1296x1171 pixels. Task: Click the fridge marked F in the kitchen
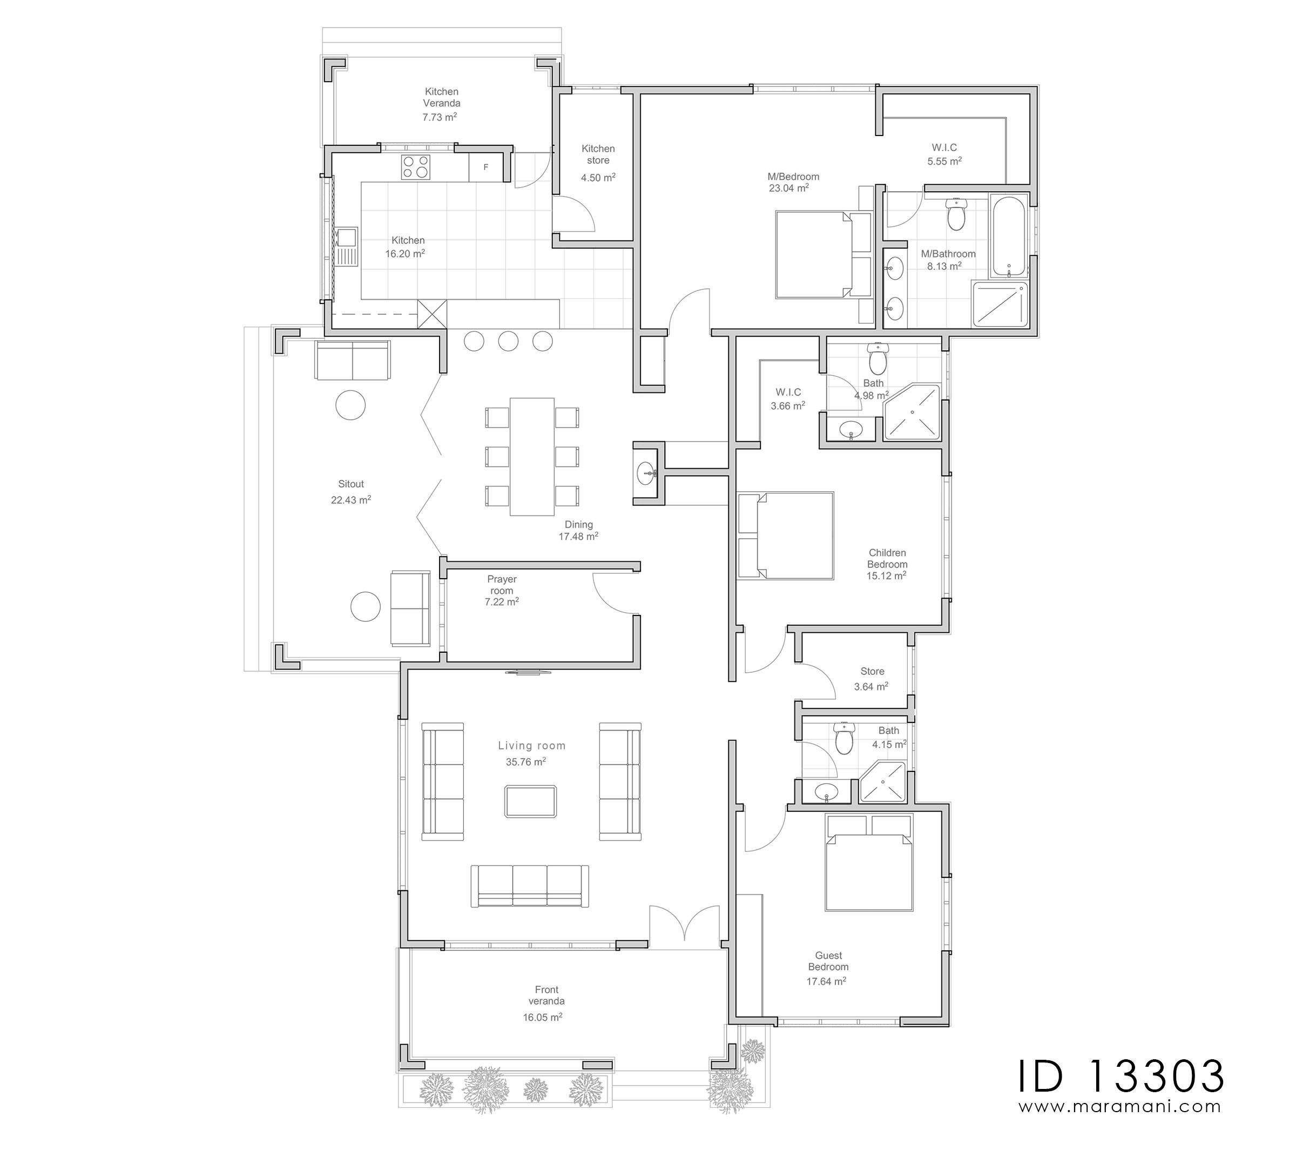(486, 167)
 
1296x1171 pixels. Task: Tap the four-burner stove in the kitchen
(416, 167)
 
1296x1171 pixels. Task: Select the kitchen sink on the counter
(345, 247)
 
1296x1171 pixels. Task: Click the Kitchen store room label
(598, 154)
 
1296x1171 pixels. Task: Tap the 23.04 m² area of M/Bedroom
(789, 188)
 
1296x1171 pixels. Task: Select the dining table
(532, 456)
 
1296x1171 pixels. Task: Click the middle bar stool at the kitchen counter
(508, 341)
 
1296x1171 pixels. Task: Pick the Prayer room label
(502, 585)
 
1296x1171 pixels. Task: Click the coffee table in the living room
(530, 801)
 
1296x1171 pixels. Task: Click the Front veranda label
(546, 996)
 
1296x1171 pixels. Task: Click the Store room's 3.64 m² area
(871, 686)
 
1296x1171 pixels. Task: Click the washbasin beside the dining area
(647, 475)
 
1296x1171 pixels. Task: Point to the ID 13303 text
(1120, 1077)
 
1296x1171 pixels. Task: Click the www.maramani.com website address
(1120, 1107)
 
